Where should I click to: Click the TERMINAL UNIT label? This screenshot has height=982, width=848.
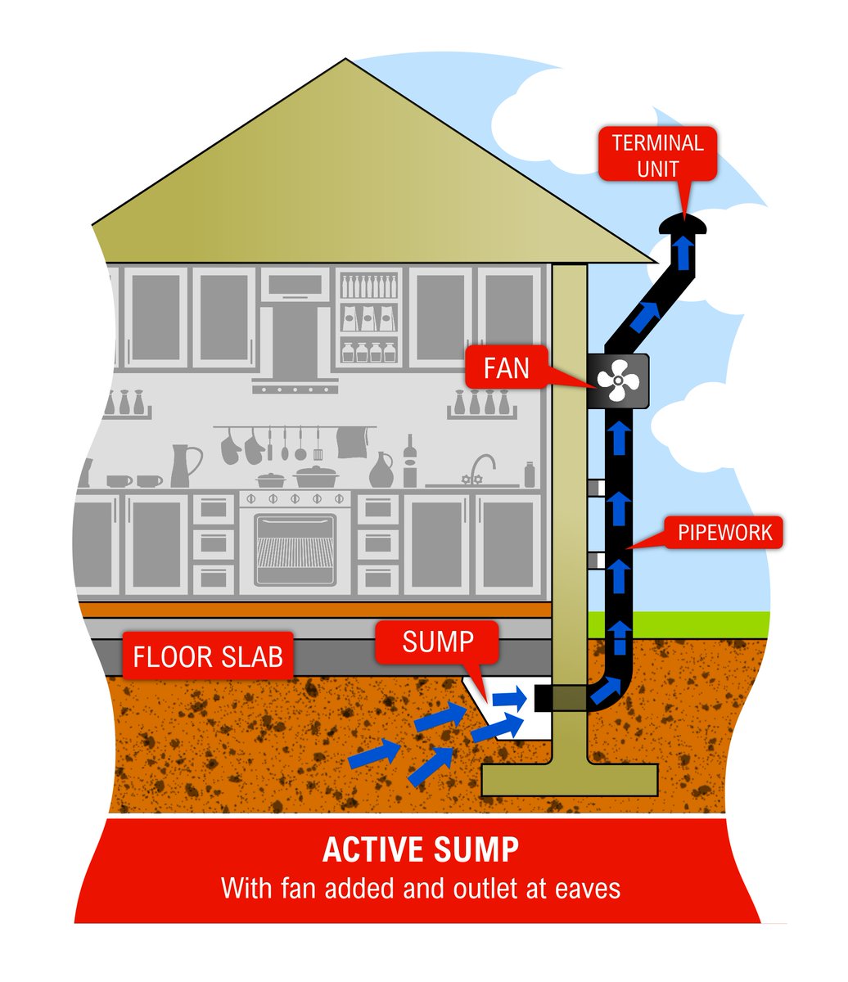[x=657, y=155]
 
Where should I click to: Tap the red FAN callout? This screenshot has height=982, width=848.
[x=507, y=368]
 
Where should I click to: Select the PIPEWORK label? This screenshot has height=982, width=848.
[x=724, y=534]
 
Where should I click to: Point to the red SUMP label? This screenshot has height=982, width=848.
[x=437, y=642]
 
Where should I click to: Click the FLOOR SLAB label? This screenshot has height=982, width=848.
[x=207, y=656]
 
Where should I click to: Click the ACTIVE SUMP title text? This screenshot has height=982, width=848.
[x=420, y=849]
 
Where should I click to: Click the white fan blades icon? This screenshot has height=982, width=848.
[x=617, y=381]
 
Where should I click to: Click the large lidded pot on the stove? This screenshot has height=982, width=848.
[x=316, y=475]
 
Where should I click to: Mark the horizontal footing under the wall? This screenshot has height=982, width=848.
[x=569, y=779]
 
